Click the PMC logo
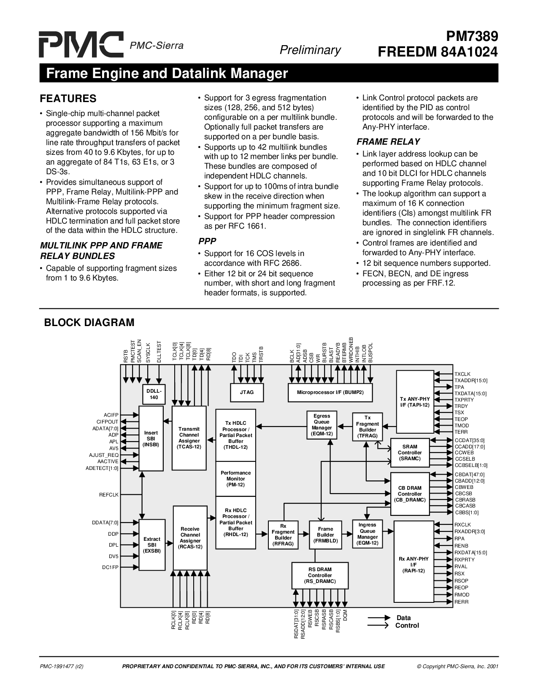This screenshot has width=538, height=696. click(80, 45)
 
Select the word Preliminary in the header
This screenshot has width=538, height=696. click(311, 50)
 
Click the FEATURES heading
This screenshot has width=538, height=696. click(68, 98)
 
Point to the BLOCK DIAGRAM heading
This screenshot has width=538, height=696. click(89, 323)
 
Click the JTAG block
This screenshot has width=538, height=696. click(247, 392)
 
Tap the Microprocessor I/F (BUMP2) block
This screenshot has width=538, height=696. click(330, 392)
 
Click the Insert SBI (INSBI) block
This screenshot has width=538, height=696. click(151, 438)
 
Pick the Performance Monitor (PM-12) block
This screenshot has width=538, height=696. click(235, 479)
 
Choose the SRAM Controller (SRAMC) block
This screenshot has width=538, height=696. click(409, 453)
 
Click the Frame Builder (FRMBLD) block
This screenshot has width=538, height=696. click(325, 534)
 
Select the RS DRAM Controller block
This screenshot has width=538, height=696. click(319, 575)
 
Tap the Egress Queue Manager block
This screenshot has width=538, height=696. click(322, 425)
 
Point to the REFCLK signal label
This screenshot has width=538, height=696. click(109, 494)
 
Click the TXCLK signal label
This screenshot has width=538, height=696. click(462, 374)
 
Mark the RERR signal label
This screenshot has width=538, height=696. click(461, 602)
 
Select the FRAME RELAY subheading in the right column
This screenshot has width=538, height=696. click(388, 142)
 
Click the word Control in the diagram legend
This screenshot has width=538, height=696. click(407, 626)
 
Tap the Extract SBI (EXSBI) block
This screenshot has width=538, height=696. click(151, 545)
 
